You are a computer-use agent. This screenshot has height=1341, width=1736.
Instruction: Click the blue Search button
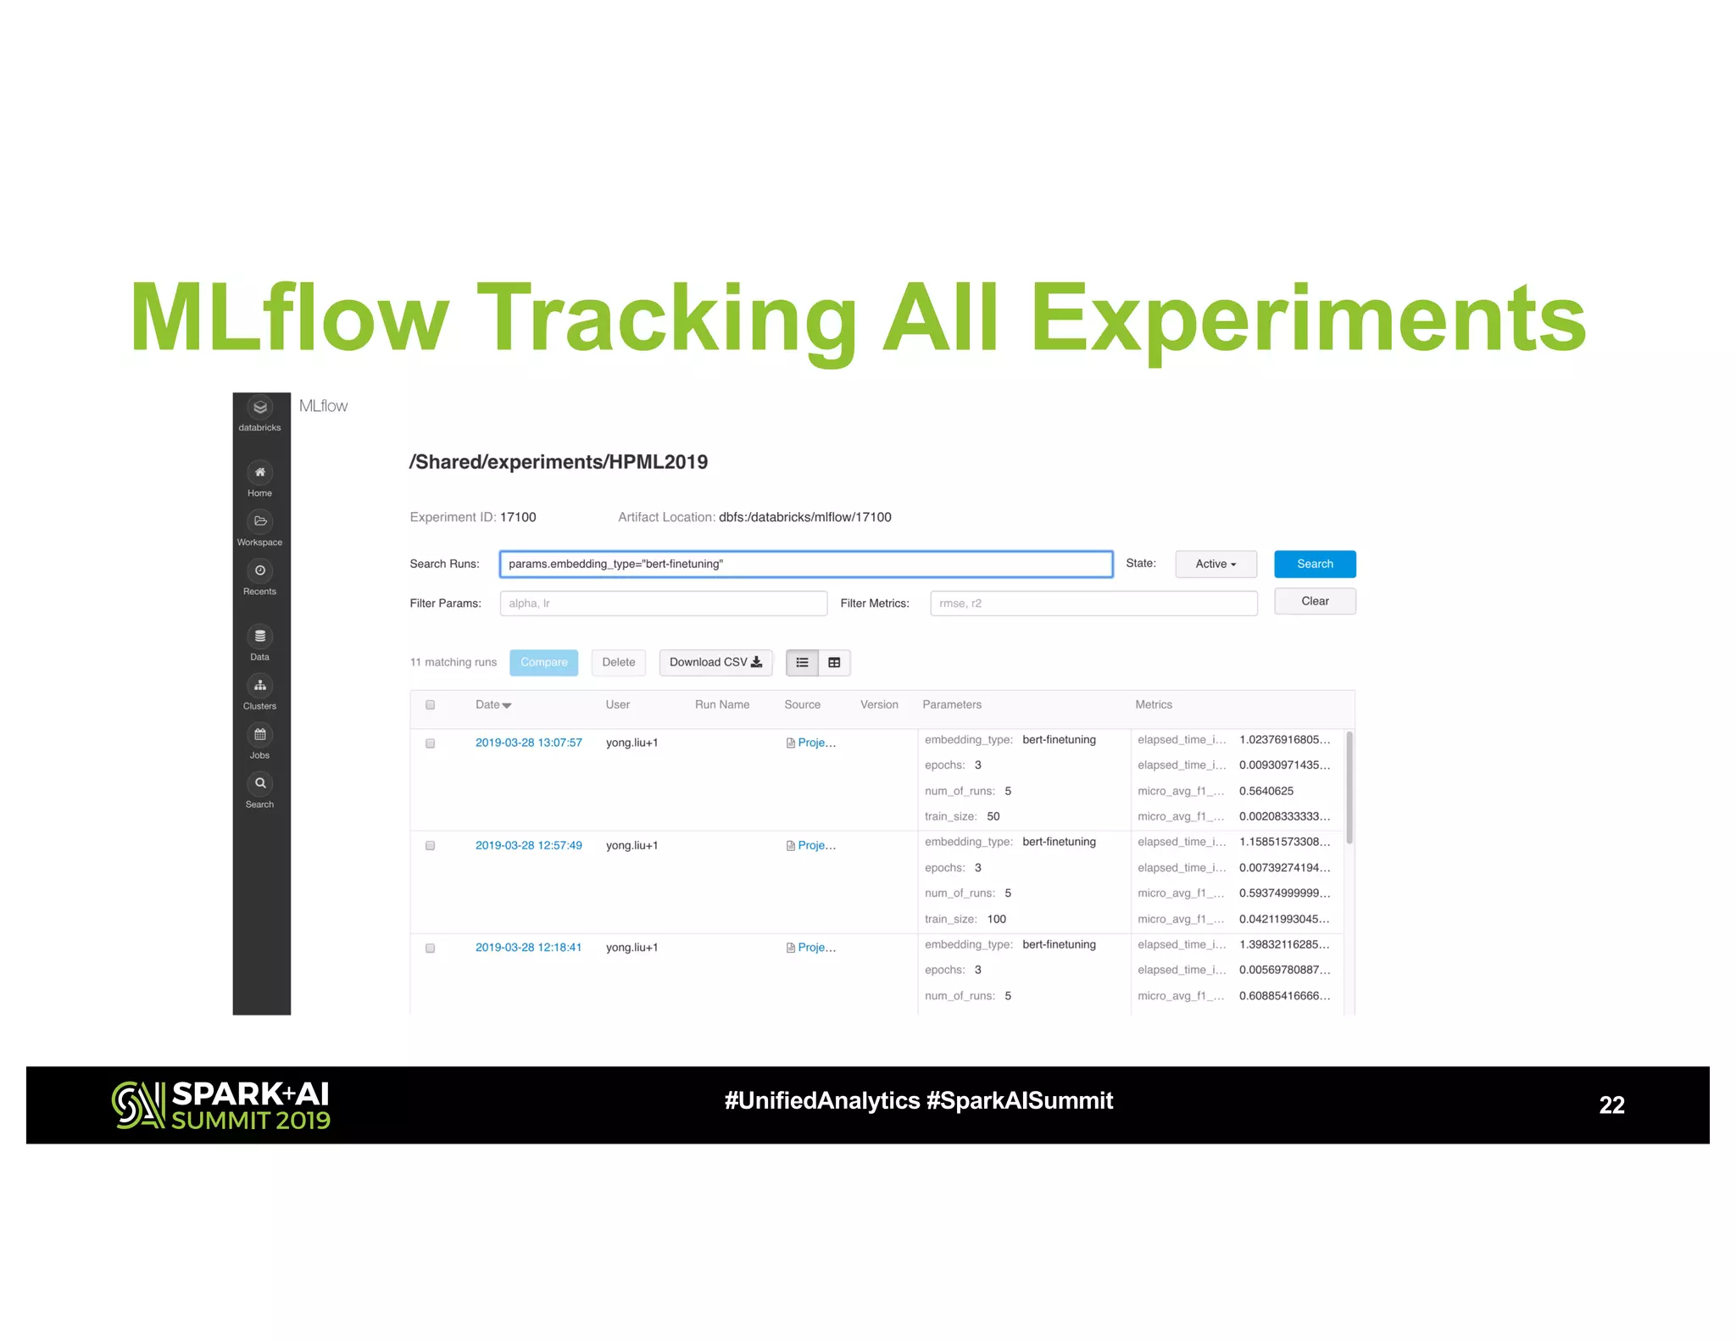pyautogui.click(x=1314, y=564)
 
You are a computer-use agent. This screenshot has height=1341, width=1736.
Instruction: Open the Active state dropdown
pyautogui.click(x=1215, y=564)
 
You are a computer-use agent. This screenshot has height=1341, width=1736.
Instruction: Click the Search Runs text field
pyautogui.click(x=805, y=564)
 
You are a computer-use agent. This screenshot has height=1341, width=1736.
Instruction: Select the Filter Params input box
pyautogui.click(x=663, y=603)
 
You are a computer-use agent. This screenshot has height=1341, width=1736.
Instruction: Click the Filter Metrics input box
pyautogui.click(x=1093, y=603)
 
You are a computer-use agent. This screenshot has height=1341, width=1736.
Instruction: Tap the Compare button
pyautogui.click(x=543, y=662)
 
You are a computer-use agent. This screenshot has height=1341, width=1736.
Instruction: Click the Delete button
pyautogui.click(x=618, y=662)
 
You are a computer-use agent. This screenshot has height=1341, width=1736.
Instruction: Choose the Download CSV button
pyautogui.click(x=715, y=662)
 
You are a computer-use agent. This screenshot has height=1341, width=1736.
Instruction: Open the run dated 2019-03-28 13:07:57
pyautogui.click(x=528, y=743)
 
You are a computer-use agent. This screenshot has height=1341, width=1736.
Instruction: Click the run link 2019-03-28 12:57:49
pyautogui.click(x=528, y=845)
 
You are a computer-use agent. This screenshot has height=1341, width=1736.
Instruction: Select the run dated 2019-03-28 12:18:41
pyautogui.click(x=528, y=947)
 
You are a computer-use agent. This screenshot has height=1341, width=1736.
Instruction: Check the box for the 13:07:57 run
pyautogui.click(x=430, y=743)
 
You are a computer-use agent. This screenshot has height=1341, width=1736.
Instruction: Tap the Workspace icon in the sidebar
pyautogui.click(x=260, y=522)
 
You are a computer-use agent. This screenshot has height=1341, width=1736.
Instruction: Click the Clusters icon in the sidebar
pyautogui.click(x=260, y=686)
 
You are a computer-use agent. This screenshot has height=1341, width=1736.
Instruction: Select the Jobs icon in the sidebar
pyautogui.click(x=260, y=735)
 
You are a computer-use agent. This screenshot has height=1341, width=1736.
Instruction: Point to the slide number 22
pyautogui.click(x=1611, y=1105)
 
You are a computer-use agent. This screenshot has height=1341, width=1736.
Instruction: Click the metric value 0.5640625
pyautogui.click(x=1266, y=791)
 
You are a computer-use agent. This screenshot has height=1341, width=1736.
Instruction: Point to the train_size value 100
pyautogui.click(x=996, y=919)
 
